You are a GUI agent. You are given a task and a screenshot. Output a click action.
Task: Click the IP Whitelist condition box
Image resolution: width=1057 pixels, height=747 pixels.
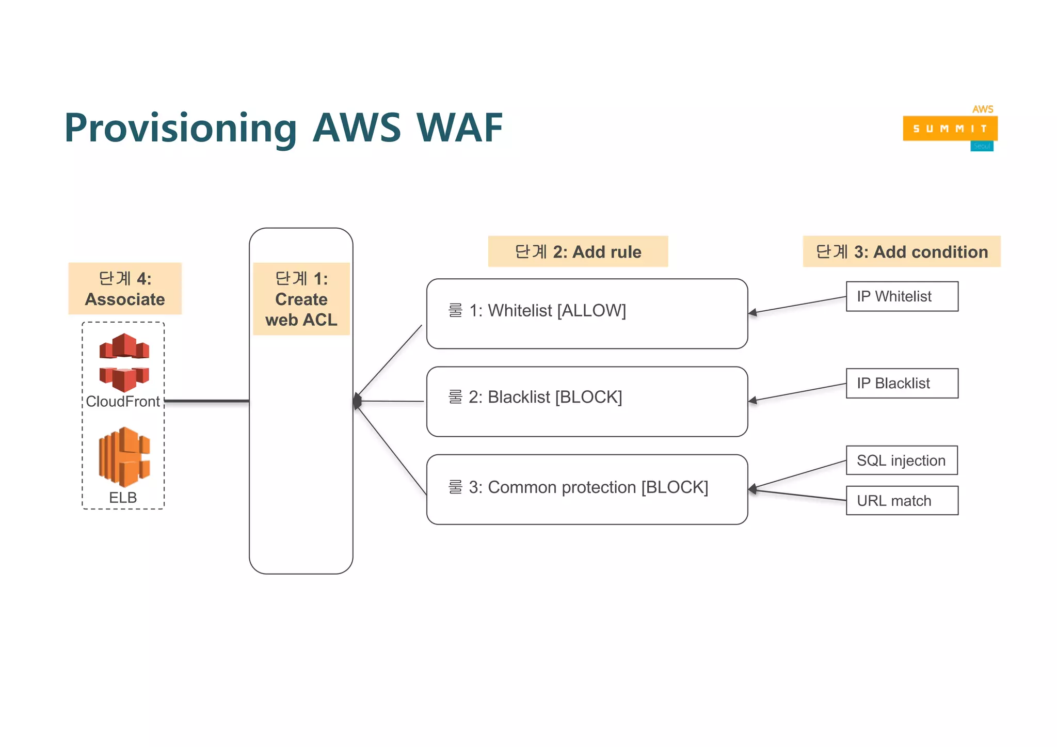click(902, 296)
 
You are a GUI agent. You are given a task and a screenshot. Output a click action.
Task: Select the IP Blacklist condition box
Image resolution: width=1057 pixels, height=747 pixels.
click(902, 383)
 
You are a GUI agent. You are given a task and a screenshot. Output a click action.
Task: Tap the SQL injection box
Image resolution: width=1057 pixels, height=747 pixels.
click(901, 460)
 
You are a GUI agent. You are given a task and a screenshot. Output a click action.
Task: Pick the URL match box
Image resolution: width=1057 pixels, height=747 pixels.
click(902, 500)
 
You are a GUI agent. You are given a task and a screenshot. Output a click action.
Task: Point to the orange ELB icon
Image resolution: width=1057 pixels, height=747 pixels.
click(124, 457)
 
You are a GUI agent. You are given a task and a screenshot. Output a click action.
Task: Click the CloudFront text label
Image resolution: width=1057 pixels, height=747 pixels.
click(123, 401)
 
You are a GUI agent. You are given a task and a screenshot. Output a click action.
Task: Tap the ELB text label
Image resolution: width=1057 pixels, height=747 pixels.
click(123, 497)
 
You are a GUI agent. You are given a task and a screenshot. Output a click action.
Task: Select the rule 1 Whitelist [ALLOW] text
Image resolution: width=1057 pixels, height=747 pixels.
click(537, 310)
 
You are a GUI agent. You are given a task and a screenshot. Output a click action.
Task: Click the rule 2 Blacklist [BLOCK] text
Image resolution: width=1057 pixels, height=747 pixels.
click(535, 397)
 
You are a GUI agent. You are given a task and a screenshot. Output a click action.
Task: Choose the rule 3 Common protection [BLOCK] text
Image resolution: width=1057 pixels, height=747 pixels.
click(578, 487)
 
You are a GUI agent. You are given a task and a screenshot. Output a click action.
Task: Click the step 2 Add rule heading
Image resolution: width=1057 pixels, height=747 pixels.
click(578, 251)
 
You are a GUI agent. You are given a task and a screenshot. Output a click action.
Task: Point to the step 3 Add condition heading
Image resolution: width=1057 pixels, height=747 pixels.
click(901, 251)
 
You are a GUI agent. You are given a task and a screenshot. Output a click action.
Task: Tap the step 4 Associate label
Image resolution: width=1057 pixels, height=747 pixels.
click(125, 289)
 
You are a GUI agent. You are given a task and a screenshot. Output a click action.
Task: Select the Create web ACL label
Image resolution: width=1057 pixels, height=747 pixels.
click(301, 299)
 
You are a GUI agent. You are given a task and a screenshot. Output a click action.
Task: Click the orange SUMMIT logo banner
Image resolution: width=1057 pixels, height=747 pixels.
click(950, 129)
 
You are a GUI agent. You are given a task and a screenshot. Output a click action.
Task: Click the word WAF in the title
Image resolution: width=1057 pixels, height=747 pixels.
click(459, 128)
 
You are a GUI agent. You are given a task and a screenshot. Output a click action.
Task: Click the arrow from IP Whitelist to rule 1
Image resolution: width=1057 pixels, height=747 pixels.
click(797, 305)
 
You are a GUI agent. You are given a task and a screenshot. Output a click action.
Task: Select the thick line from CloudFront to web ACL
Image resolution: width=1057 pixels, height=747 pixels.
click(206, 401)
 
